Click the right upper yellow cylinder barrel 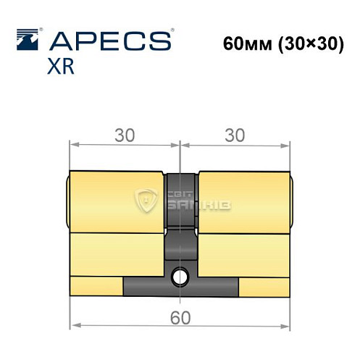coord(243,203)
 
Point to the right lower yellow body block coord(243,253)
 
